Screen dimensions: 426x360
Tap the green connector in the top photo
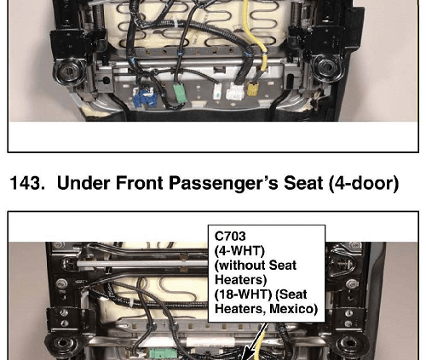180,93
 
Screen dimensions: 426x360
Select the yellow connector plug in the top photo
252,89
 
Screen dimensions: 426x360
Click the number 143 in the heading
27,183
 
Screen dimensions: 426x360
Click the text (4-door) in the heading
364,183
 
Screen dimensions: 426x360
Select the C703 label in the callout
230,237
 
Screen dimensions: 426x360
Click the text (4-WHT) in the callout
239,251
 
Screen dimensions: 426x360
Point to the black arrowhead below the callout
245,354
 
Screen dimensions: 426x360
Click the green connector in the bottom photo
163,354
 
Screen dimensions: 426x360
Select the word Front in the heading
139,183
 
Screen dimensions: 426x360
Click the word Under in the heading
83,183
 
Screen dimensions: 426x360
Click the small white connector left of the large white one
217,91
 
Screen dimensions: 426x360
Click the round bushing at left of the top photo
69,71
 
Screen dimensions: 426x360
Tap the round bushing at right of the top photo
327,67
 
